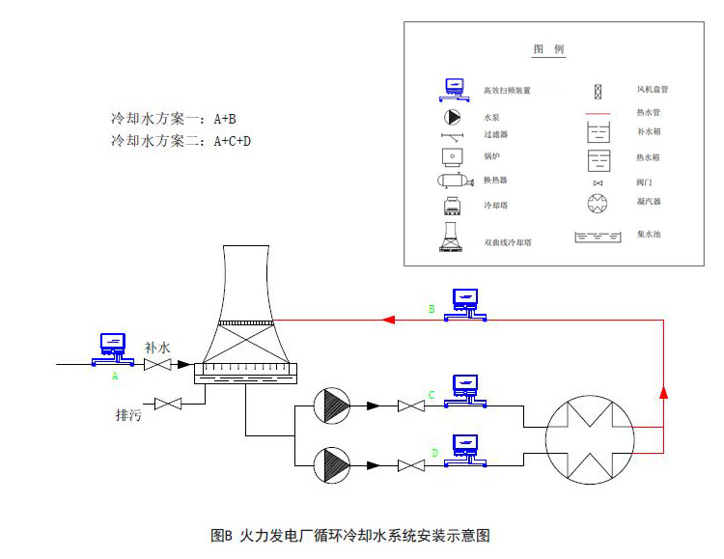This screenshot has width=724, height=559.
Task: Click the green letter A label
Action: pyautogui.click(x=115, y=376)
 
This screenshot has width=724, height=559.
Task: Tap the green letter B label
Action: pyautogui.click(x=431, y=309)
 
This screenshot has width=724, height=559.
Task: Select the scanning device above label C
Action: pyautogui.click(x=466, y=387)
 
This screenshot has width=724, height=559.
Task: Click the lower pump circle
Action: pyautogui.click(x=335, y=465)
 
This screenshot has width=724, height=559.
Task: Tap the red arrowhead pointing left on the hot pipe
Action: pyautogui.click(x=388, y=319)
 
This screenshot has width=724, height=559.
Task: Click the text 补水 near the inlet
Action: pyautogui.click(x=157, y=346)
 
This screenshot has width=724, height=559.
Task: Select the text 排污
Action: pyautogui.click(x=129, y=416)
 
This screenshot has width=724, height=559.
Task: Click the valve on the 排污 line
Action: pyautogui.click(x=170, y=403)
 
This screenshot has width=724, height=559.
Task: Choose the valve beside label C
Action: pyautogui.click(x=413, y=407)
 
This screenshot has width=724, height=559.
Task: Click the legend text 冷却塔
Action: pyautogui.click(x=497, y=207)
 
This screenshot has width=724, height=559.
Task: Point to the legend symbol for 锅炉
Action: pyautogui.click(x=453, y=155)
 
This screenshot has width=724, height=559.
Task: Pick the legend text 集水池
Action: pyautogui.click(x=648, y=235)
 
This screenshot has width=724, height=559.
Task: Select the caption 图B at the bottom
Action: pyautogui.click(x=223, y=534)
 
